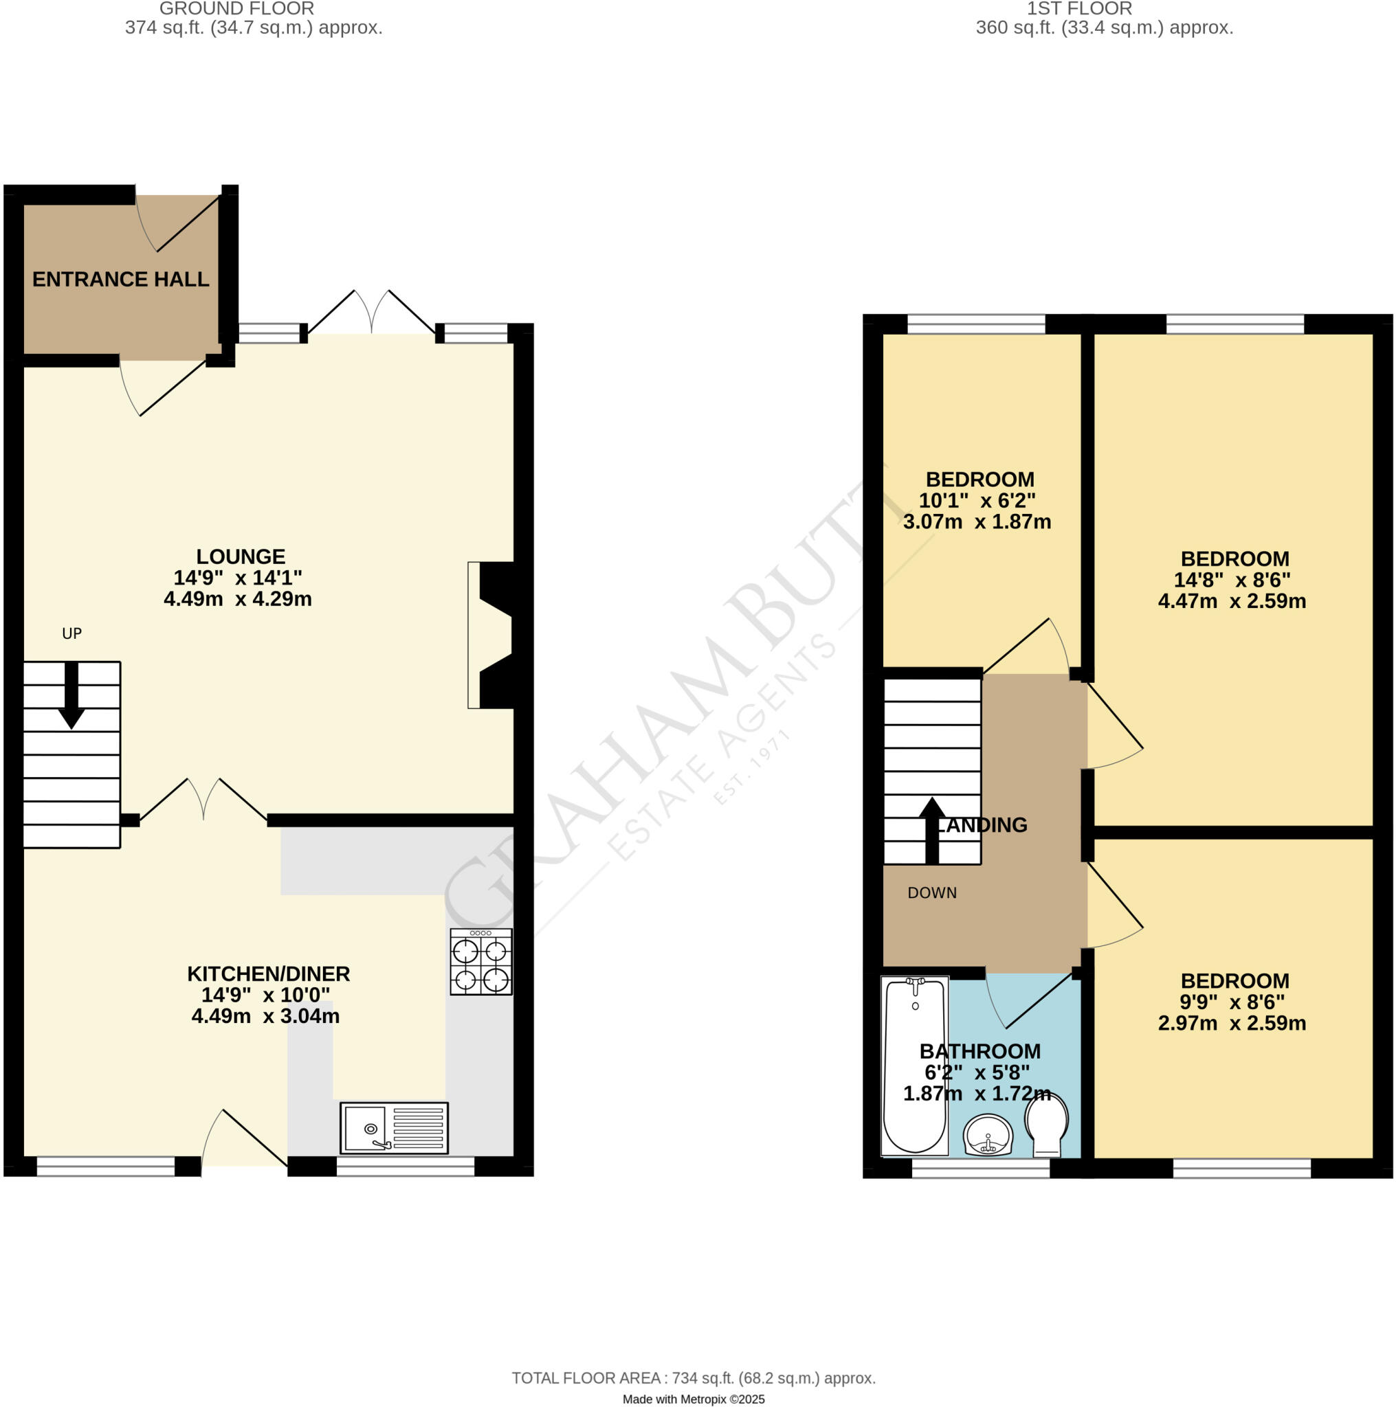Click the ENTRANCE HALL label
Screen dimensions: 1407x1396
click(121, 280)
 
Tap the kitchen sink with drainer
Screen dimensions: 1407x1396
click(393, 1128)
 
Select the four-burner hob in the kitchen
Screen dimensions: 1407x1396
click(481, 961)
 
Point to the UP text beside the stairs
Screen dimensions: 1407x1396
click(71, 633)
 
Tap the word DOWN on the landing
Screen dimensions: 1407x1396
click(932, 893)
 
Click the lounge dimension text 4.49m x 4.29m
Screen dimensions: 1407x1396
click(238, 599)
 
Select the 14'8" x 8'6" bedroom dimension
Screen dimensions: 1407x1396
click(1231, 581)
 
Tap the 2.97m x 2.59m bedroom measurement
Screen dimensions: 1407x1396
click(1231, 1023)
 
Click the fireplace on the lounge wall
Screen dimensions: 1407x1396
click(492, 635)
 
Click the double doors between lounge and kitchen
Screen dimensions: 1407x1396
click(203, 801)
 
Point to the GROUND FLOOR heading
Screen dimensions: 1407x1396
click(237, 9)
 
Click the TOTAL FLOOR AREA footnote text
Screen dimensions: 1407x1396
click(693, 1377)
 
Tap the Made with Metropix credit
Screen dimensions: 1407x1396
click(693, 1399)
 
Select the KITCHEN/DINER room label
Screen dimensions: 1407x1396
click(268, 973)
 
